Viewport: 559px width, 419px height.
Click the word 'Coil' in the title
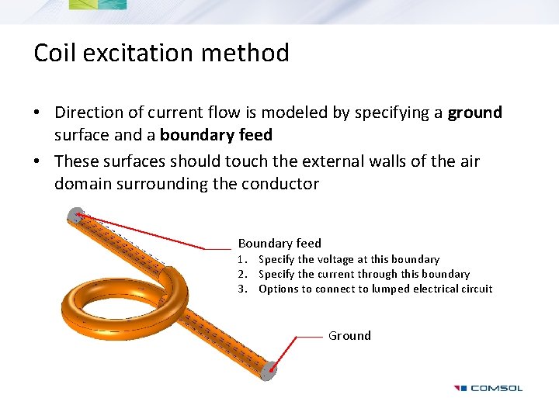point(54,53)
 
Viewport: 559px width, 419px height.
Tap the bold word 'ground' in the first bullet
point(474,113)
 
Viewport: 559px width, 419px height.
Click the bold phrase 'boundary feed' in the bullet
point(216,135)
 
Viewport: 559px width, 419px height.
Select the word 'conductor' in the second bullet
point(280,184)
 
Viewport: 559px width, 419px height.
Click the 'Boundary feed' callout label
point(279,243)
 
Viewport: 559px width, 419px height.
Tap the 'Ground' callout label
point(349,335)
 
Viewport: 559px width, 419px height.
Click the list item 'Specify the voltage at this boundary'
point(349,259)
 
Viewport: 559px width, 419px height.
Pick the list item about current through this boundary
point(363,274)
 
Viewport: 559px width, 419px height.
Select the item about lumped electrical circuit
point(375,289)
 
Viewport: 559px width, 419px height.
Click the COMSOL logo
point(488,388)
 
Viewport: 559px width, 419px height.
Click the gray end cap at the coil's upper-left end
point(75,215)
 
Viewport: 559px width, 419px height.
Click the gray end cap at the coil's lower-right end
point(268,372)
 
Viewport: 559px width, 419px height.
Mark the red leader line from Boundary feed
point(148,232)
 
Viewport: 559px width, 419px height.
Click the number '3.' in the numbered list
point(243,289)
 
